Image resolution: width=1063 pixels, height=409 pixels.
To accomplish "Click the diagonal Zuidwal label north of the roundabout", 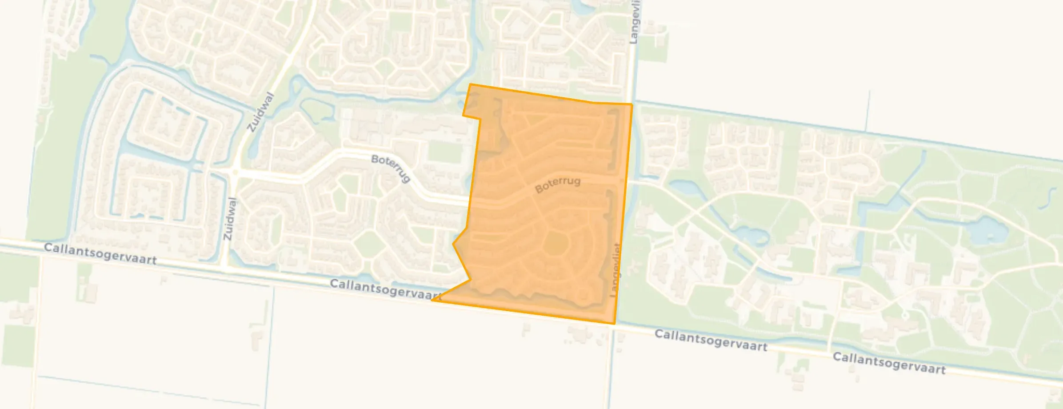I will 261,112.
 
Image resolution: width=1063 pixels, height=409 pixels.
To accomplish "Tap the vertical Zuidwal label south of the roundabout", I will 229,219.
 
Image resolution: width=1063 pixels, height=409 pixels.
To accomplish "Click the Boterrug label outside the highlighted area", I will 391,168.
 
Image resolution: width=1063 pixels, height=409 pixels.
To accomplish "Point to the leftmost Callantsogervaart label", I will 100,254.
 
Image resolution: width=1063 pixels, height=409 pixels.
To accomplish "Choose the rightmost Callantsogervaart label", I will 889,363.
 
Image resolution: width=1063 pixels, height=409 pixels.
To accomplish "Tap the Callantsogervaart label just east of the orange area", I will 711,340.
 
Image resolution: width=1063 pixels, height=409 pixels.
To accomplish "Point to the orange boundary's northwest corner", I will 470,84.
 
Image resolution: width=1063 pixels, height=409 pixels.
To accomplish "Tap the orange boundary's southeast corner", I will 615,323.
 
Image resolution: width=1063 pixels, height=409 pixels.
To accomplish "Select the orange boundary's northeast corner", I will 631,104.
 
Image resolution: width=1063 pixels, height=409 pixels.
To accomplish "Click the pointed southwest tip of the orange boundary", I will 432,300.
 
